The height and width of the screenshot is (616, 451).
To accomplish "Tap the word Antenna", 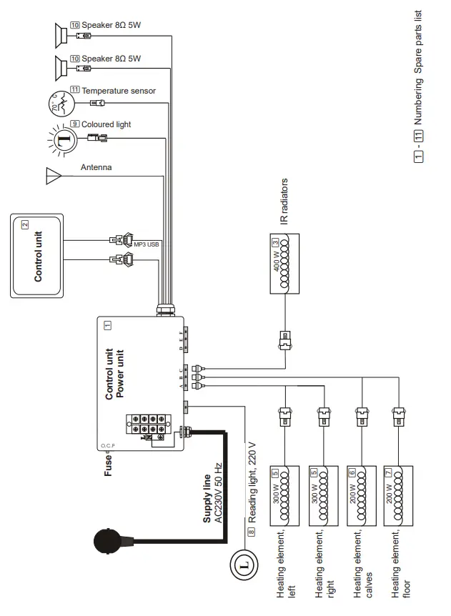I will [x=96, y=168].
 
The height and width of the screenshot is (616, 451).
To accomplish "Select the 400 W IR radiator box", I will [x=283, y=264].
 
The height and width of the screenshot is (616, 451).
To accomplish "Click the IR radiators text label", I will [x=284, y=203].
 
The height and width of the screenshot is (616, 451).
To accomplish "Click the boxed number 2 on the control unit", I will [x=25, y=224].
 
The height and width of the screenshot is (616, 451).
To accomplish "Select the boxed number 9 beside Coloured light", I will [x=74, y=124].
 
